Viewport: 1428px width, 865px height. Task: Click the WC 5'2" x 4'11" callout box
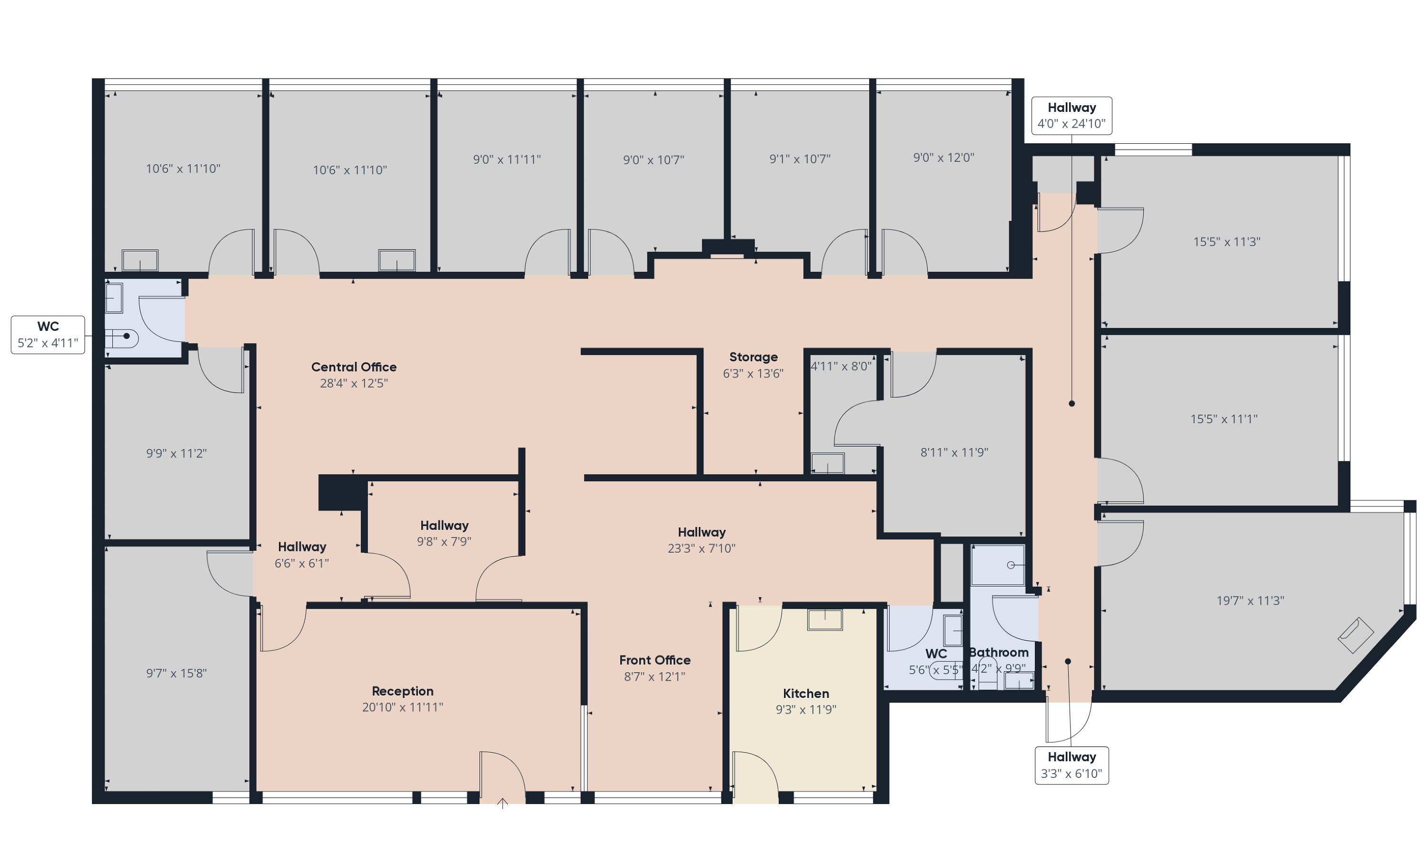[48, 335]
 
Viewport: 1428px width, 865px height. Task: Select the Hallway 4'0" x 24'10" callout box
[1071, 115]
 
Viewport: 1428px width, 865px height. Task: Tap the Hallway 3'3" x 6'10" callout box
[1071, 766]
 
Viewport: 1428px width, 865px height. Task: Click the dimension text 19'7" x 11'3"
[1250, 601]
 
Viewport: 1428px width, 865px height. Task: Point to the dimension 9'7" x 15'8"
[176, 673]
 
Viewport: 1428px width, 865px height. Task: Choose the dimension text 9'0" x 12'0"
[943, 157]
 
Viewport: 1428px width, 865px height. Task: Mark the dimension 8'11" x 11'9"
[954, 452]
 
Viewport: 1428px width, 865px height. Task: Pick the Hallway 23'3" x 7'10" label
[701, 540]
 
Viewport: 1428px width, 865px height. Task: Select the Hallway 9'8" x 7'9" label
[444, 533]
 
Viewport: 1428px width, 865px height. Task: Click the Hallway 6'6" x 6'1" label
[301, 555]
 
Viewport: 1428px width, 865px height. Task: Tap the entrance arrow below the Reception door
[503, 803]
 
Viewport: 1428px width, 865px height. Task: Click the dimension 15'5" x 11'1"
[1223, 418]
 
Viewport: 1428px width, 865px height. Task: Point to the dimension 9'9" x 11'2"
[176, 453]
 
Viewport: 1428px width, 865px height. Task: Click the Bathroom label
[999, 652]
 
